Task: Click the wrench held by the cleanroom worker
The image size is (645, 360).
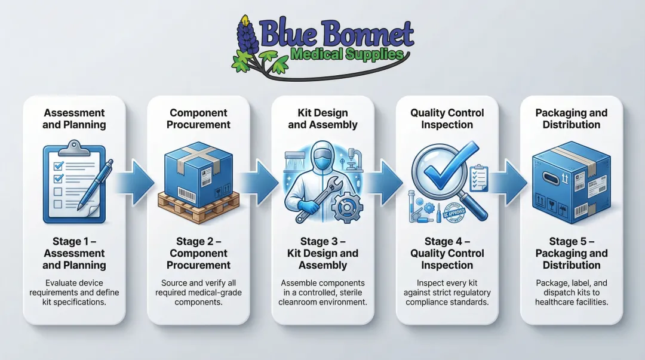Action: tap(317, 200)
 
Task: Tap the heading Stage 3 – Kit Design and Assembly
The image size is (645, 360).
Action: tap(322, 253)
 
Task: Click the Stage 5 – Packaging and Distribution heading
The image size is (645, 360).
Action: tap(571, 253)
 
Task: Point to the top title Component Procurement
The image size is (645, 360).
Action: tap(198, 119)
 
